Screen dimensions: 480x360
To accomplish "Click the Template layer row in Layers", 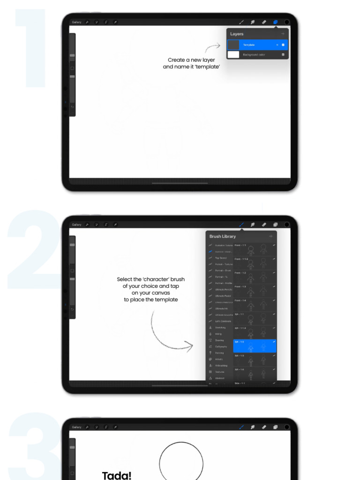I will click(x=257, y=45).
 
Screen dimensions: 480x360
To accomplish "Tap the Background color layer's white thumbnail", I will click(x=233, y=55).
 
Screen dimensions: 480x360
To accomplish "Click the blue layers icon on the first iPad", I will click(x=276, y=22).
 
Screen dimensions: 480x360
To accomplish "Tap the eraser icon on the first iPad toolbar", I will click(x=264, y=22).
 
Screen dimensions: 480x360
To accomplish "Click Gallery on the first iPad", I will click(x=76, y=22).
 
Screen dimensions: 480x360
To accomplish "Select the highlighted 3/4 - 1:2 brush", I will click(x=255, y=346).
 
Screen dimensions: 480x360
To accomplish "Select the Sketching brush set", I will click(x=220, y=327).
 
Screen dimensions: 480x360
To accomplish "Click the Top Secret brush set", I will click(x=220, y=258).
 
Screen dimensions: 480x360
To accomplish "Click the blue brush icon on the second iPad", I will click(x=241, y=225).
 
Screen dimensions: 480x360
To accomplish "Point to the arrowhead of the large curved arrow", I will click(x=190, y=346).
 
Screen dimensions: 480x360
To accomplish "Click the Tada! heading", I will click(x=117, y=475).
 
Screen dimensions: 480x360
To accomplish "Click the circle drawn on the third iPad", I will click(x=181, y=462).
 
